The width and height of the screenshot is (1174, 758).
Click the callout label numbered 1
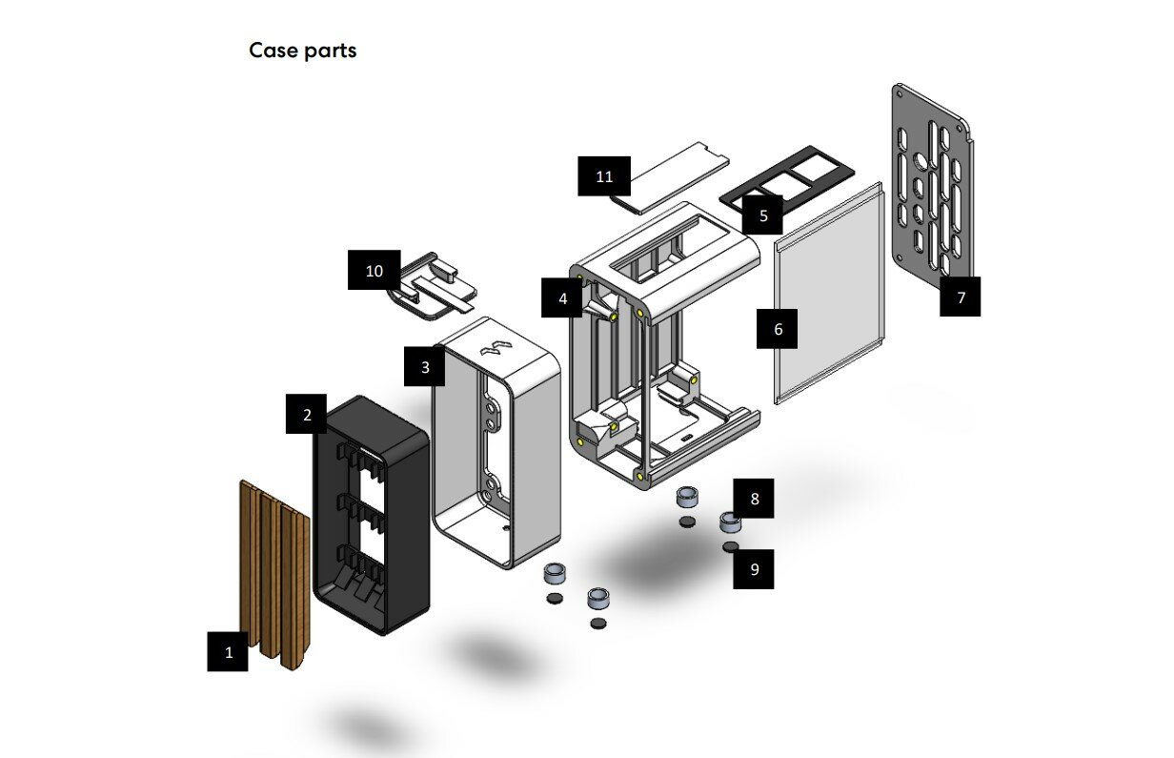pyautogui.click(x=228, y=652)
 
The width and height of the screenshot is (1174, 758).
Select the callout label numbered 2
pyautogui.click(x=307, y=415)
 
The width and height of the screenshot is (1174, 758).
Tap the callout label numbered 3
pyautogui.click(x=425, y=366)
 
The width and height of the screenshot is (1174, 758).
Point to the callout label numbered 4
pyautogui.click(x=562, y=297)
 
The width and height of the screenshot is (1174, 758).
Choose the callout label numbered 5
pyautogui.click(x=763, y=215)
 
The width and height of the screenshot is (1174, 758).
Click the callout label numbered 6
pyautogui.click(x=778, y=329)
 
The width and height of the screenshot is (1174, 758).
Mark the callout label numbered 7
pyautogui.click(x=961, y=297)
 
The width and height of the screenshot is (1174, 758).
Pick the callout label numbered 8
pyautogui.click(x=754, y=499)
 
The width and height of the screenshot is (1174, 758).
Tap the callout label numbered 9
pyautogui.click(x=754, y=569)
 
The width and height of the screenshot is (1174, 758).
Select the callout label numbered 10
pyautogui.click(x=374, y=271)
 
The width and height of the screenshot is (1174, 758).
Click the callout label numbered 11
pyautogui.click(x=604, y=176)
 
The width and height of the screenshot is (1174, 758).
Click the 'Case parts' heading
pyautogui.click(x=302, y=51)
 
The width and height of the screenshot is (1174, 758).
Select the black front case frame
pyautogui.click(x=372, y=515)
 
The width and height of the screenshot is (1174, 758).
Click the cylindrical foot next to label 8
pyautogui.click(x=730, y=522)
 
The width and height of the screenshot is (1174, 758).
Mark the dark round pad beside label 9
pyautogui.click(x=731, y=546)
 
